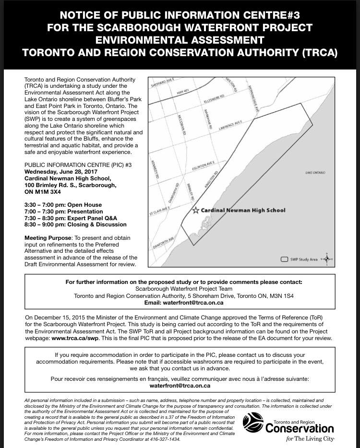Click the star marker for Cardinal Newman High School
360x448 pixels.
195,210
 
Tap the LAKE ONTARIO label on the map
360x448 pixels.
315,172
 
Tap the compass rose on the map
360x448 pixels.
327,259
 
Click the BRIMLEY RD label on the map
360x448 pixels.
192,192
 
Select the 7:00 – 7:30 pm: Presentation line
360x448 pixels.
63,211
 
